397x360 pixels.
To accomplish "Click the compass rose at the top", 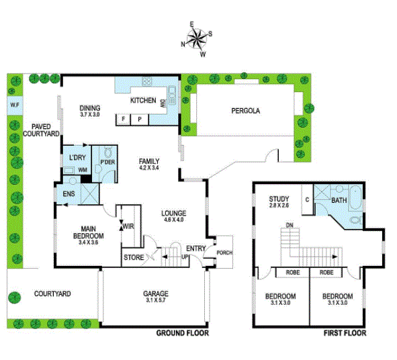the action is [197, 39].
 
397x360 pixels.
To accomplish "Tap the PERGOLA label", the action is [246, 111].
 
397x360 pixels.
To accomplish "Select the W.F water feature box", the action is [15, 105].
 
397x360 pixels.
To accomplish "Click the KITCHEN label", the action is [143, 100].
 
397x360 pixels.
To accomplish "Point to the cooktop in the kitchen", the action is [147, 81].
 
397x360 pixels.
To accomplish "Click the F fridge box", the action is [124, 120].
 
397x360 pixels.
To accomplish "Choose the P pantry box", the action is [140, 120].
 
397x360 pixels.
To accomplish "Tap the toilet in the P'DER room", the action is [108, 152].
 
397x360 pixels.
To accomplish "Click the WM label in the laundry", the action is [83, 170].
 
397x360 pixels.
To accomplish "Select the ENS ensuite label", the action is [69, 194].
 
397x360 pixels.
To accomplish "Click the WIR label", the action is [128, 226].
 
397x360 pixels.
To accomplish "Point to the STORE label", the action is [134, 257].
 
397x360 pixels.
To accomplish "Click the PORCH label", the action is [224, 253].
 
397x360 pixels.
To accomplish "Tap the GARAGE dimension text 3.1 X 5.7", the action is [156, 300].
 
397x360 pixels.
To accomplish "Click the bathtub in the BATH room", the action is [355, 198].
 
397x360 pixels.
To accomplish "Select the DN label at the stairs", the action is [290, 225].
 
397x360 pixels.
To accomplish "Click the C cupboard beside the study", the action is [308, 199].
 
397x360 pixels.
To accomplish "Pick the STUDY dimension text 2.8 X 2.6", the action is [279, 206].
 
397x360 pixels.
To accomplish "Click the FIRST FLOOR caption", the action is [345, 333].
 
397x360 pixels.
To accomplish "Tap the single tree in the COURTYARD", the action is [14, 298].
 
